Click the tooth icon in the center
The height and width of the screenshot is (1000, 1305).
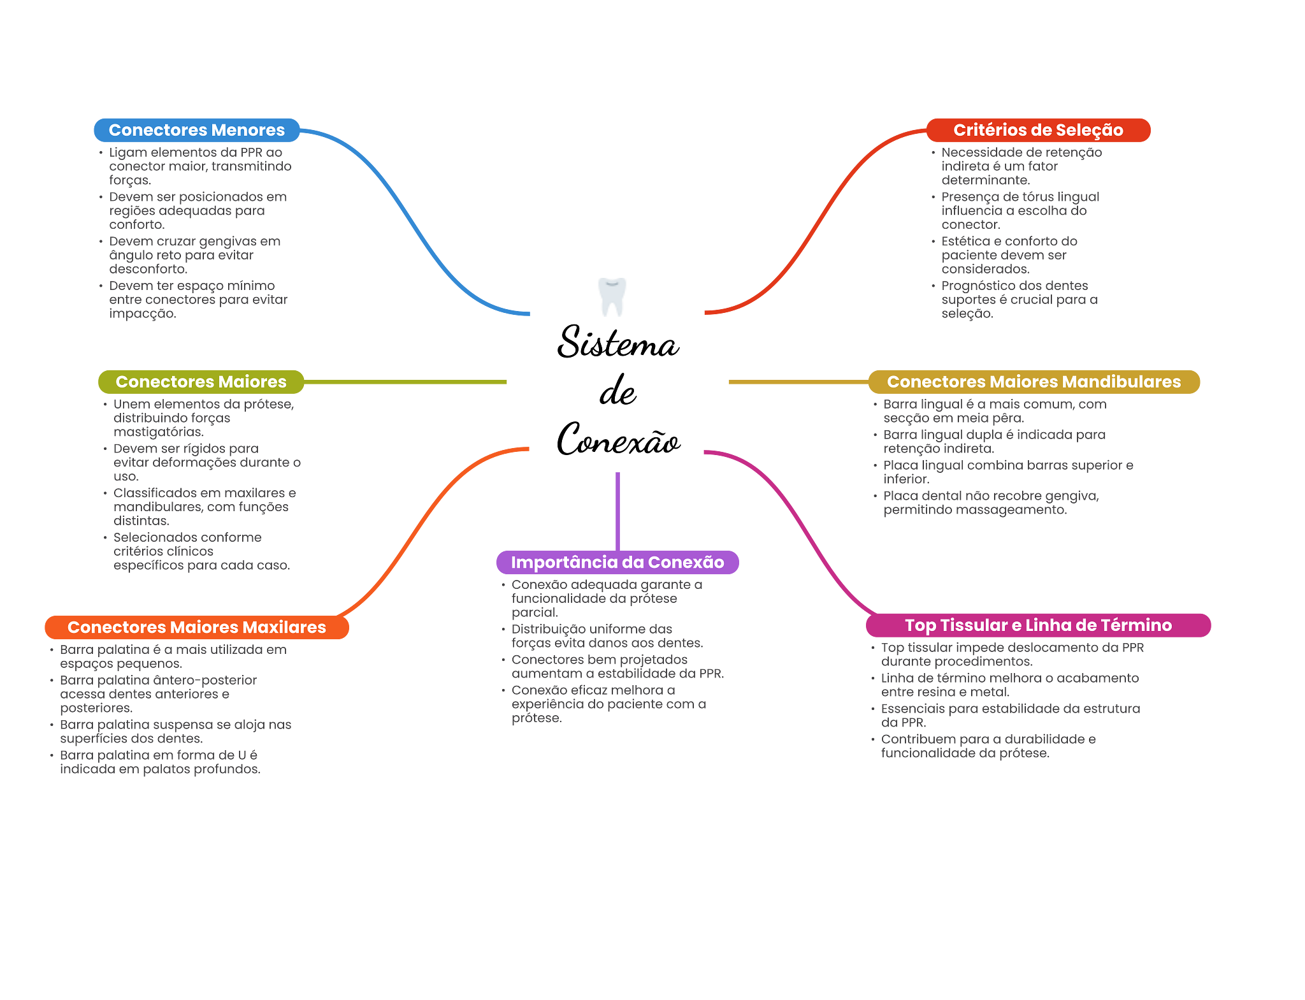pyautogui.click(x=612, y=296)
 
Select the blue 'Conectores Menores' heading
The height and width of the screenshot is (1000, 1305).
pyautogui.click(x=197, y=130)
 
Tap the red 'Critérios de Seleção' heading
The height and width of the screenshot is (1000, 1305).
pyautogui.click(x=1038, y=130)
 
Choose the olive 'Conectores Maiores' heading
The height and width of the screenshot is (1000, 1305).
pyautogui.click(x=201, y=382)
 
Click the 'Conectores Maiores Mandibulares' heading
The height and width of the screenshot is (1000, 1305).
pyautogui.click(x=1034, y=382)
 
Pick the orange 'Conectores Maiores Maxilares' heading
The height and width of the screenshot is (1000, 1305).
pyautogui.click(x=197, y=627)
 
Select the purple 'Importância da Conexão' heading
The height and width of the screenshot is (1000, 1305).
pyautogui.click(x=617, y=562)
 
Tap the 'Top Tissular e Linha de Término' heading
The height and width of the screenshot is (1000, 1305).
pyautogui.click(x=1038, y=625)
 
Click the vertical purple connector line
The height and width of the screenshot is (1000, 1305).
pyautogui.click(x=617, y=510)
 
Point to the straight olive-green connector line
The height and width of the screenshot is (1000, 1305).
pyautogui.click(x=408, y=382)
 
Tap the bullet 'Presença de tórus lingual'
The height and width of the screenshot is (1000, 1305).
pyautogui.click(x=1020, y=211)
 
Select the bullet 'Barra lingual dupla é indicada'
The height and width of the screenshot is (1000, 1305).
pyautogui.click(x=994, y=442)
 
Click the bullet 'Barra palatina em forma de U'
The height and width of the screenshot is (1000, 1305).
pyautogui.click(x=159, y=762)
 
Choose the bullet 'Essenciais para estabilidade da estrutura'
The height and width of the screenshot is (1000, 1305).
pyautogui.click(x=1010, y=715)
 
